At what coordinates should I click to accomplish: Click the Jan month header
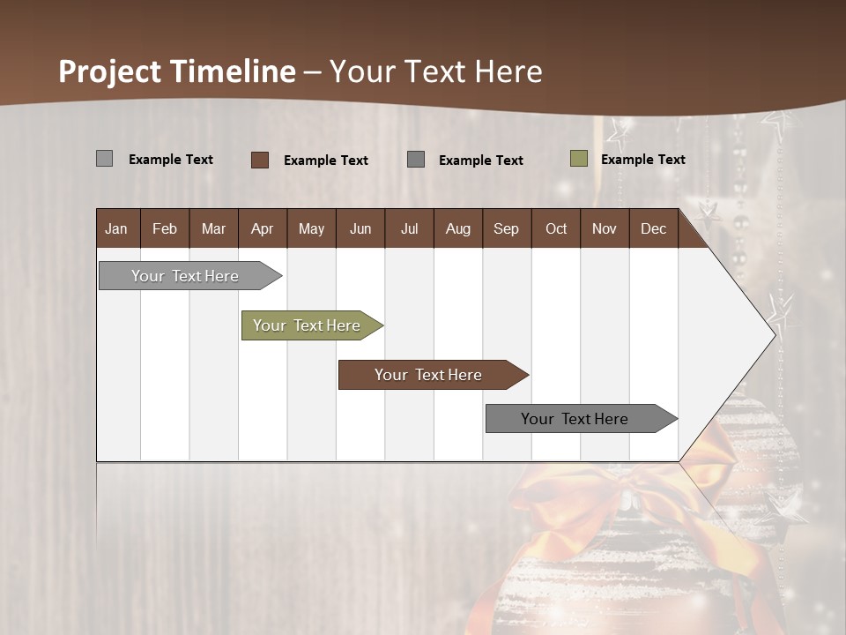[116, 228]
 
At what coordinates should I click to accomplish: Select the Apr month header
[262, 228]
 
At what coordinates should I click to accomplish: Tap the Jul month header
[409, 228]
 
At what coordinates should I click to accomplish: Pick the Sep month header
[506, 228]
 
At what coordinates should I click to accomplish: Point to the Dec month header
[653, 228]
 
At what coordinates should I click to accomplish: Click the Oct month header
[556, 228]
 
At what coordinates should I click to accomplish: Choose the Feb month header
[165, 228]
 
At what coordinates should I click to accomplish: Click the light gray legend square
[104, 159]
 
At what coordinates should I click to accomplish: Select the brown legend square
[259, 160]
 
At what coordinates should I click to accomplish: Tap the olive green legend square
[578, 159]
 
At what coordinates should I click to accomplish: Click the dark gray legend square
[415, 159]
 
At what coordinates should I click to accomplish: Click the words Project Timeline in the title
[176, 71]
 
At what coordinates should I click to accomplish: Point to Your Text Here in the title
[435, 71]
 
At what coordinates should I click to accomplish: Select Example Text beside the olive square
[642, 160]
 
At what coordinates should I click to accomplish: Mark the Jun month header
[360, 228]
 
